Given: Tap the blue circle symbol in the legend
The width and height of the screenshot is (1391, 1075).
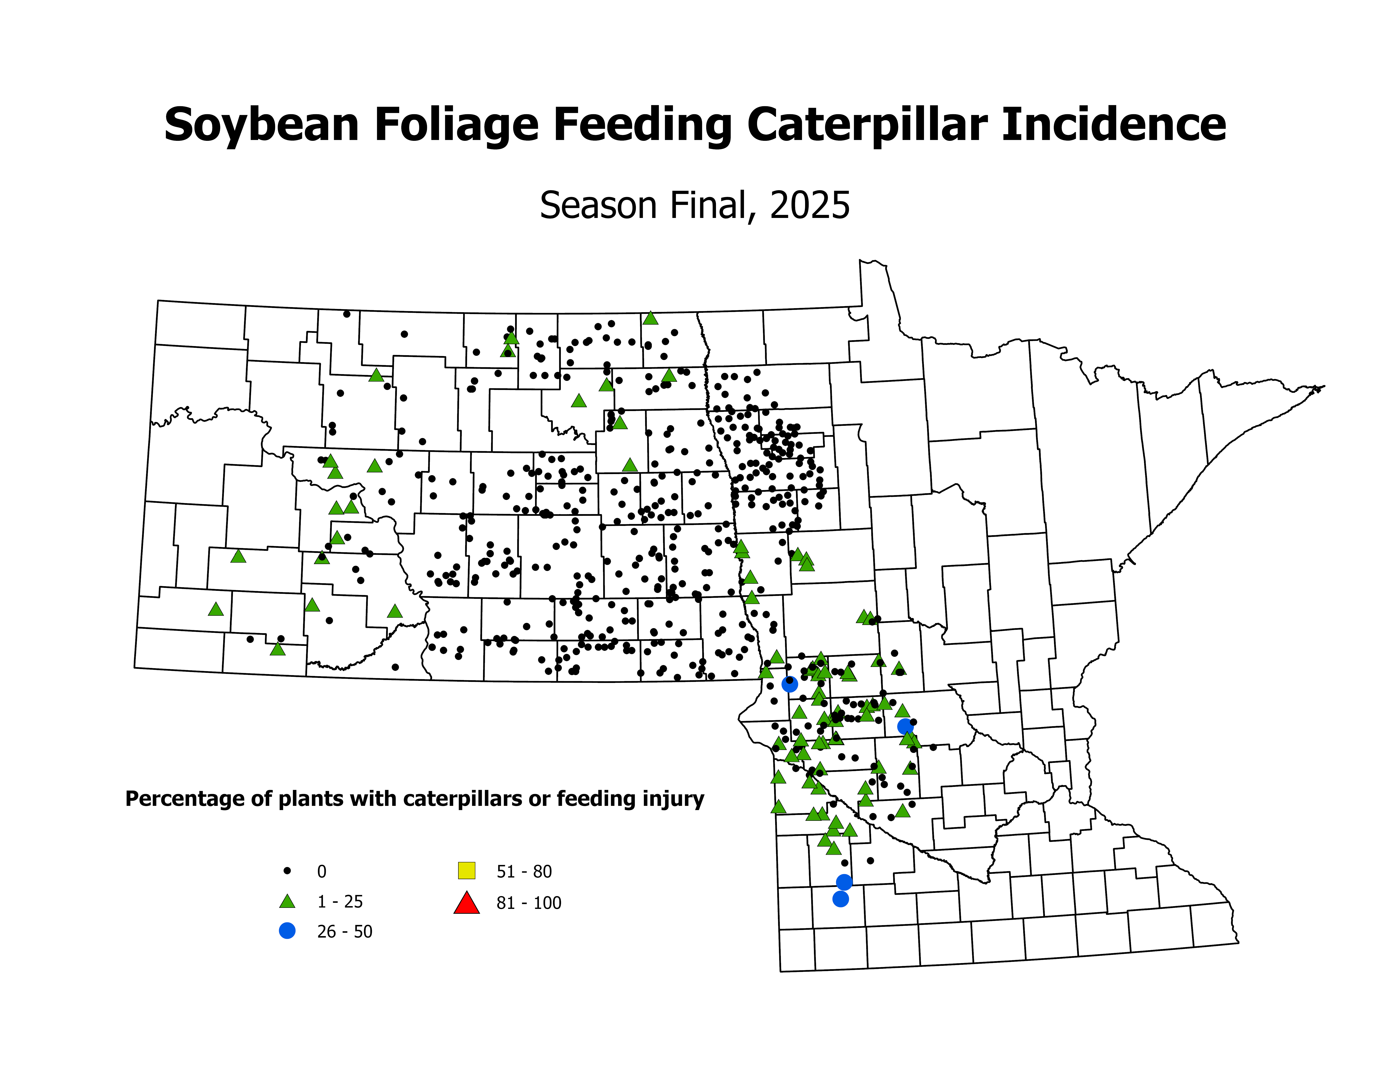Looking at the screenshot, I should [287, 931].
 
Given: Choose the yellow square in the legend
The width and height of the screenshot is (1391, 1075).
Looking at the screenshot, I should [467, 870].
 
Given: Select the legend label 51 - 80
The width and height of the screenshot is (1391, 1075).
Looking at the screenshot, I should [524, 871].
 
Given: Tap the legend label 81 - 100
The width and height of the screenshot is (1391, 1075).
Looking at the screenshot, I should [529, 903].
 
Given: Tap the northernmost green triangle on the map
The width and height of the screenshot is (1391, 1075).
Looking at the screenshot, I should [650, 318].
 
